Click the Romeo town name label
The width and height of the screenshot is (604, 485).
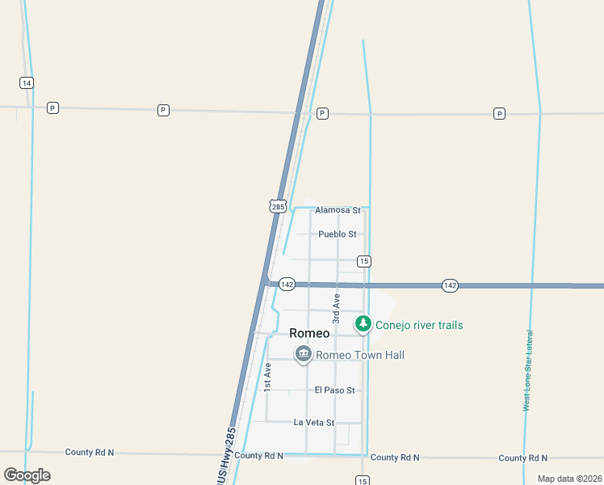pyautogui.click(x=309, y=334)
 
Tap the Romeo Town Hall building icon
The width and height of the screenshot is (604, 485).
pyautogui.click(x=303, y=354)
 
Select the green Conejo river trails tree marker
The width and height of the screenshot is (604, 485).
pyautogui.click(x=363, y=324)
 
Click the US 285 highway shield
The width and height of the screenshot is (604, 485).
pyautogui.click(x=278, y=206)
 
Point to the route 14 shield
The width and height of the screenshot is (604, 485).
pyautogui.click(x=27, y=82)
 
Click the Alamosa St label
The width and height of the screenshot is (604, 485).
pyautogui.click(x=338, y=210)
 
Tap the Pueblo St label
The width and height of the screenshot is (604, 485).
pyautogui.click(x=338, y=234)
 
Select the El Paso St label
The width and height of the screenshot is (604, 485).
pyautogui.click(x=335, y=390)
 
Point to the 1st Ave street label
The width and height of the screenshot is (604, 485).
pyautogui.click(x=267, y=377)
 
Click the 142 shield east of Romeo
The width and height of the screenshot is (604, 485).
pyautogui.click(x=450, y=285)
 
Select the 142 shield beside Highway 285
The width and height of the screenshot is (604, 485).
pyautogui.click(x=287, y=285)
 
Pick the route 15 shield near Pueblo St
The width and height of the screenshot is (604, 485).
pyautogui.click(x=364, y=260)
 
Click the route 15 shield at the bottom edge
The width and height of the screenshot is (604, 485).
pyautogui.click(x=363, y=480)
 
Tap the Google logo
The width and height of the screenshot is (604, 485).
pyautogui.click(x=27, y=474)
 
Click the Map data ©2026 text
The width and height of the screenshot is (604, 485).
pyautogui.click(x=568, y=479)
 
